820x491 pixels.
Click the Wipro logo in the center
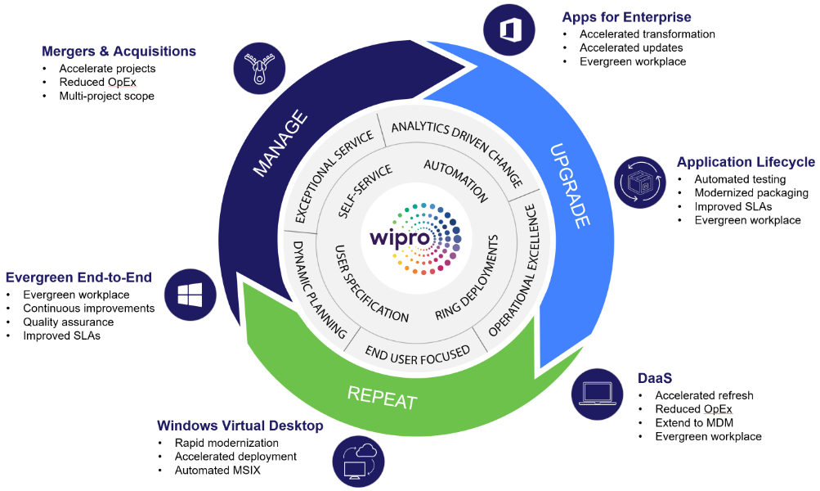point(413,237)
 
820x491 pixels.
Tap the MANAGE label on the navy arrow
point(280,143)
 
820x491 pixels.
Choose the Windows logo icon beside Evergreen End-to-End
point(190,295)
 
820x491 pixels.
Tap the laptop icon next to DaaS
point(596,392)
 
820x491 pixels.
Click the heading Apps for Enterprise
point(626,17)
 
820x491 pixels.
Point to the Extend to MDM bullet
point(693,422)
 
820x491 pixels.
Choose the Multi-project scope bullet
point(106,96)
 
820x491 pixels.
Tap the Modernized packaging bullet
point(751,193)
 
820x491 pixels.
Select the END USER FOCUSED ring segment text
point(417,353)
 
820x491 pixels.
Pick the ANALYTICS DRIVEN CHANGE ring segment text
point(457,151)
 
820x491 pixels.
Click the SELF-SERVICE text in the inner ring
point(365,190)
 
